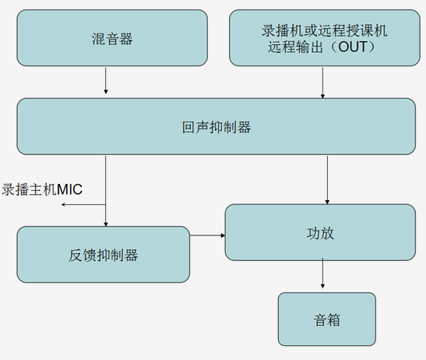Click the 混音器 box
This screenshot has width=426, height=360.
coord(112,38)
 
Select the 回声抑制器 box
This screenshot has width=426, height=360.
coord(217,127)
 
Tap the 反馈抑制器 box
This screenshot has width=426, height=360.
coord(104,255)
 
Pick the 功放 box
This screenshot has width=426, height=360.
coord(320,232)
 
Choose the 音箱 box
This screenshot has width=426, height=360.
coord(327,319)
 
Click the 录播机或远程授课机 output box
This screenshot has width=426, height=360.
coord(325,38)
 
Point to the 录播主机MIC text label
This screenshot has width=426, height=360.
coord(42,189)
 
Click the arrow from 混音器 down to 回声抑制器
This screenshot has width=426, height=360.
coord(106,80)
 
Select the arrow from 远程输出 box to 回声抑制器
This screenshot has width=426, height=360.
coord(322,83)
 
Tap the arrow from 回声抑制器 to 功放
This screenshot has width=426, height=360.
coord(327,180)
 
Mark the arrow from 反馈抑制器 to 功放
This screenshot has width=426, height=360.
coord(207,235)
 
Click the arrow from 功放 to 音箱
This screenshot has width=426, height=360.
coord(322,274)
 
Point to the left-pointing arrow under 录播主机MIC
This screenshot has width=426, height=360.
coord(83,204)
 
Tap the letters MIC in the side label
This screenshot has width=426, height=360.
coord(69,189)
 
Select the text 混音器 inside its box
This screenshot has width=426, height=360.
coord(112,39)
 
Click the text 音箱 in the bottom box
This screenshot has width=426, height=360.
coord(327,319)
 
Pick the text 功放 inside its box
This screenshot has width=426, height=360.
coord(320,233)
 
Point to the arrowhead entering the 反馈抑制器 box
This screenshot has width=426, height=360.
coord(106,224)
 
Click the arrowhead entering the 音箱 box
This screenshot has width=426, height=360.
coord(322,286)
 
